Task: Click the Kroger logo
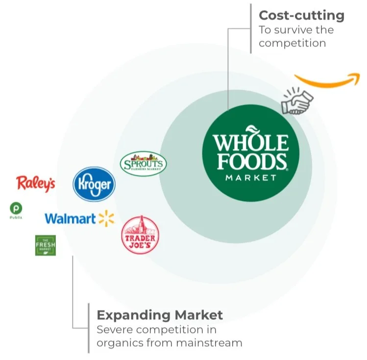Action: point(94,185)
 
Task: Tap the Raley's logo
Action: point(36,184)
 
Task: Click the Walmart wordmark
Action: point(70,218)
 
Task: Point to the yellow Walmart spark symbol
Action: point(106,218)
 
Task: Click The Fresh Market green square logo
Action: point(45,245)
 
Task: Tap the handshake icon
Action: point(296,100)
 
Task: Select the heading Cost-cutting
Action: point(301,15)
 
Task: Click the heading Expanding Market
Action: point(160,314)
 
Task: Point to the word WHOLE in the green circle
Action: point(250,144)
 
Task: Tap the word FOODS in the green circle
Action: point(251,161)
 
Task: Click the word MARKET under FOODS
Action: point(250,178)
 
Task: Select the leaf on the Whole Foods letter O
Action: point(251,130)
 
